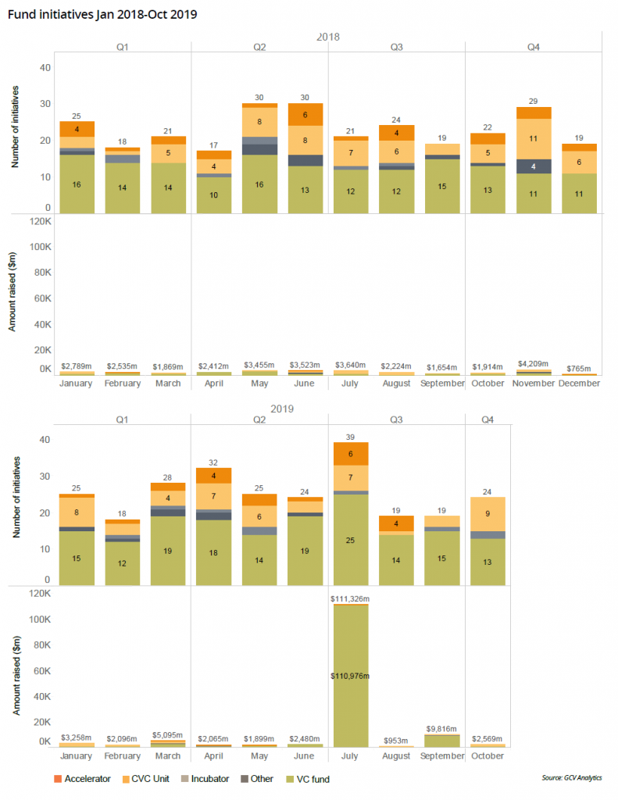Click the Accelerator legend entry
(87, 779)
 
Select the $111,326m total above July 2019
(350, 598)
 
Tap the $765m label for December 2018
(578, 368)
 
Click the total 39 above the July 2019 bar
(350, 436)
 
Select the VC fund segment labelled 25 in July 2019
(350, 540)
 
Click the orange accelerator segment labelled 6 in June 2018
(305, 114)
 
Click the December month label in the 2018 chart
(578, 384)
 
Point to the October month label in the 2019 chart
(487, 756)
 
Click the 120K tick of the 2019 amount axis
(40, 593)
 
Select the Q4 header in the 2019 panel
(487, 420)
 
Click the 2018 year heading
(328, 37)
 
